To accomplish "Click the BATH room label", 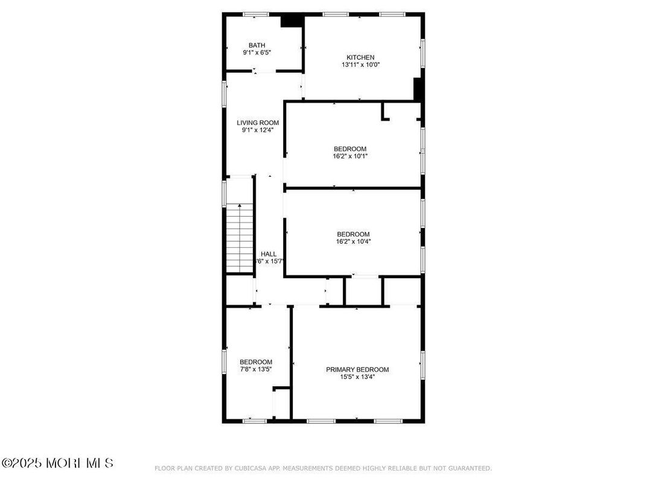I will tap(257, 45).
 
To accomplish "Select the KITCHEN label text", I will tap(360, 57).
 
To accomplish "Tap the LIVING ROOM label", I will tap(258, 122).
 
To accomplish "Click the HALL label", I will tap(269, 254).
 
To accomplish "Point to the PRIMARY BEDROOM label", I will tap(357, 370).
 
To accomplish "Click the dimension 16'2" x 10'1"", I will tap(350, 156).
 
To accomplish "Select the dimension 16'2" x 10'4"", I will tap(353, 242).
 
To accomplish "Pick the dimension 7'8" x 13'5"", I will tap(255, 369).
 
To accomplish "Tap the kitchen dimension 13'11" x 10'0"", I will tap(360, 65).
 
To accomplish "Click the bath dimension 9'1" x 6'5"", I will tap(257, 52).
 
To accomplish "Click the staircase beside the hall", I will tap(240, 238).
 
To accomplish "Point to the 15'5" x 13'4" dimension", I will tap(357, 377).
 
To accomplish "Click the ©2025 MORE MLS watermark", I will tap(57, 463).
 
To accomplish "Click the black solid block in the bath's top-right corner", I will tap(292, 21).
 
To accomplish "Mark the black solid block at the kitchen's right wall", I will tap(416, 89).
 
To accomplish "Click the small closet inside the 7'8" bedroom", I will tap(281, 403).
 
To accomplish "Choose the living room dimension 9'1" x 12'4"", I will tap(258, 130).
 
